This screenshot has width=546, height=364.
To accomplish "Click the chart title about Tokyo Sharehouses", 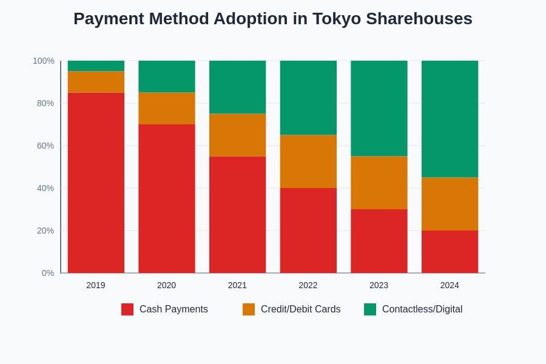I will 273,19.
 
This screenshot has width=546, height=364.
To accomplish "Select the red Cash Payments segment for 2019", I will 96,182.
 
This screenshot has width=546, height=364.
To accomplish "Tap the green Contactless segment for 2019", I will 96,66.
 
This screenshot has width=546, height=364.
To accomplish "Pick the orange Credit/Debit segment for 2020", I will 167,108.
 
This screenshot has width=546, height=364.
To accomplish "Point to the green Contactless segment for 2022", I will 308,98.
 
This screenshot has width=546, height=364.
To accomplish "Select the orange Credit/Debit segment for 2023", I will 379,183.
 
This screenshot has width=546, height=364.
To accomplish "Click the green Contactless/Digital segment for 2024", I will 450,119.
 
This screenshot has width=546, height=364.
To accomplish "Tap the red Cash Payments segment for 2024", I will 450,252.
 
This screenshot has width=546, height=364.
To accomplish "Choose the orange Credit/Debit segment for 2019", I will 96,82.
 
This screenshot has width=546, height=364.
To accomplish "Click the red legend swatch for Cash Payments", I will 127,309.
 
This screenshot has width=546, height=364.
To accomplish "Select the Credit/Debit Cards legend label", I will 300,309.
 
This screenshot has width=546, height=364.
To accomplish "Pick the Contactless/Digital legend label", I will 422,309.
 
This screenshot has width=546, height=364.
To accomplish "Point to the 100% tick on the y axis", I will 44,61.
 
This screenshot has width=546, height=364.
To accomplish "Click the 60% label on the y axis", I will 45,146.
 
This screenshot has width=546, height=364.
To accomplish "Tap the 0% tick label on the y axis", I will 48,273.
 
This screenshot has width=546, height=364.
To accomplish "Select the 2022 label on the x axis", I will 308,285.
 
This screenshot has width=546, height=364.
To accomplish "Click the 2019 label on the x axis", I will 96,285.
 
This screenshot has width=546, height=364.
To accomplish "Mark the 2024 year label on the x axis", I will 450,285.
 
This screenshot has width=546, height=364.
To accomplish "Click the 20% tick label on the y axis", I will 45,231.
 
